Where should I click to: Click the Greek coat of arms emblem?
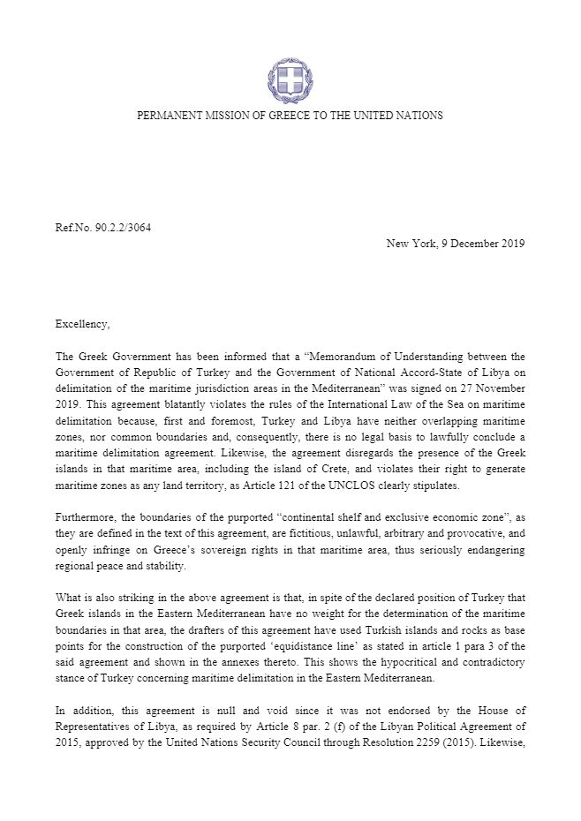290,81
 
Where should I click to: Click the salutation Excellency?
82,324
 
